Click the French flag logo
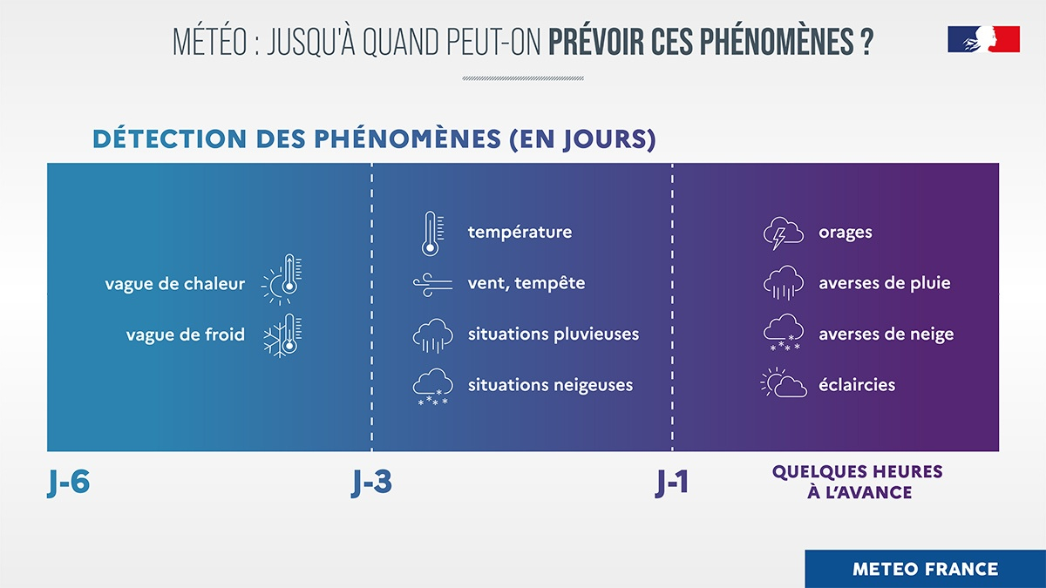tap(983, 39)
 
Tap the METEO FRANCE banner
tap(925, 569)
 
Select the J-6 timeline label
tap(69, 483)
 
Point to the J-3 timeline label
tap(371, 483)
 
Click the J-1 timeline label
tap(672, 483)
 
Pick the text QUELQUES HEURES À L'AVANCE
tap(857, 482)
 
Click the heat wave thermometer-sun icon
tap(282, 281)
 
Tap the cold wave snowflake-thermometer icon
tap(282, 335)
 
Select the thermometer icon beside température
tap(430, 233)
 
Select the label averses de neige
tap(886, 335)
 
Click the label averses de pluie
tap(884, 283)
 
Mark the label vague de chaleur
tap(175, 284)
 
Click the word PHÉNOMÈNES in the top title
tap(779, 42)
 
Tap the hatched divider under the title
tap(523, 78)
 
